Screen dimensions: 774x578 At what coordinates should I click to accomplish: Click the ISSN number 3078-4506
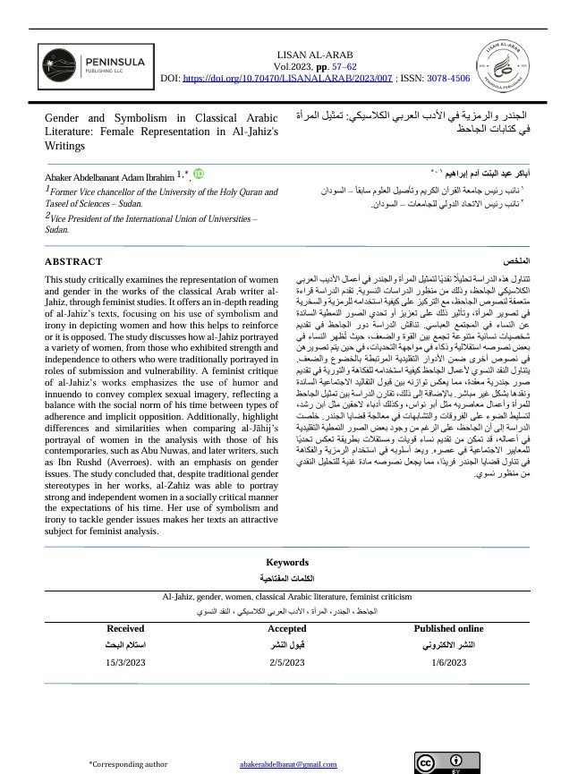(x=448, y=79)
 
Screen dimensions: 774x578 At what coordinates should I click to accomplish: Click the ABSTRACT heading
(x=73, y=262)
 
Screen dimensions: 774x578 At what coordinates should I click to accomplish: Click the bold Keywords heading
(x=287, y=563)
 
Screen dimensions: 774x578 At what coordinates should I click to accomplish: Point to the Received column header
(x=125, y=629)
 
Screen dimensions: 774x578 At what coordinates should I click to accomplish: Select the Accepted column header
(x=287, y=629)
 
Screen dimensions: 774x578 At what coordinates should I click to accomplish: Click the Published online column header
(x=448, y=629)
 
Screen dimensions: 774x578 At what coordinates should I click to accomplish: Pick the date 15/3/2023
(x=125, y=662)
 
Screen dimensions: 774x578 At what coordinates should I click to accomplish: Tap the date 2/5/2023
(x=287, y=662)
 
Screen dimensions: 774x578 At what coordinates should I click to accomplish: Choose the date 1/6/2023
(x=448, y=662)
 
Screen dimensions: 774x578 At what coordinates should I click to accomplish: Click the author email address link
(x=288, y=764)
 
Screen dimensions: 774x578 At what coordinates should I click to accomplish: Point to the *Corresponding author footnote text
(x=128, y=764)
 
